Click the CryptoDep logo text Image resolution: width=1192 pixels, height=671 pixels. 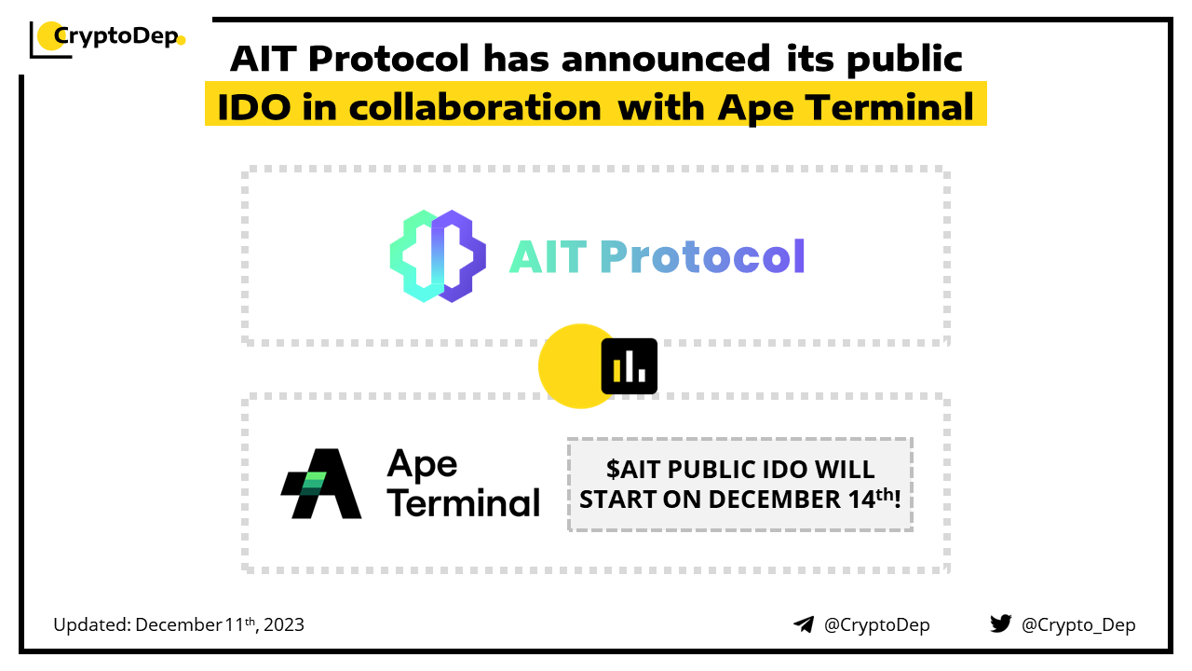point(116,36)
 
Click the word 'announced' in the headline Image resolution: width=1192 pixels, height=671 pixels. point(666,58)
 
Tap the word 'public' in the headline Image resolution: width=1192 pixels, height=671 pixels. point(904,60)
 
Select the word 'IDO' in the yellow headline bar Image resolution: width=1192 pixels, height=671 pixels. point(254,107)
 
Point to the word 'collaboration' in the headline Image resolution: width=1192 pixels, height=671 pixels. point(475,107)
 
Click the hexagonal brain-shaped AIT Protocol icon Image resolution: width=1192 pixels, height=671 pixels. point(438,256)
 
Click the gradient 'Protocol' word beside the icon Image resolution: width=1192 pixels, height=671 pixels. point(702,256)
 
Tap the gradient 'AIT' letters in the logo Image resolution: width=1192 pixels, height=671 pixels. point(549,257)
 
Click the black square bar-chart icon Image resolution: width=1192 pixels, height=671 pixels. point(629,366)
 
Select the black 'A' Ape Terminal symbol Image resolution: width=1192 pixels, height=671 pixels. point(321,484)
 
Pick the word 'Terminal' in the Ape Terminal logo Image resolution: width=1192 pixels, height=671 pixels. point(464,502)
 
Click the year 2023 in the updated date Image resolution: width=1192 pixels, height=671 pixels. point(284,624)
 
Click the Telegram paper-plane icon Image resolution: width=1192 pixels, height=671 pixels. point(804,624)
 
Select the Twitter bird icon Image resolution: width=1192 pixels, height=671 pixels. point(1001,623)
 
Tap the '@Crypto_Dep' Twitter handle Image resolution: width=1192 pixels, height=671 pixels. point(1078,625)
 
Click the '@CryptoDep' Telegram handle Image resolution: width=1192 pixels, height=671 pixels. point(877,625)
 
